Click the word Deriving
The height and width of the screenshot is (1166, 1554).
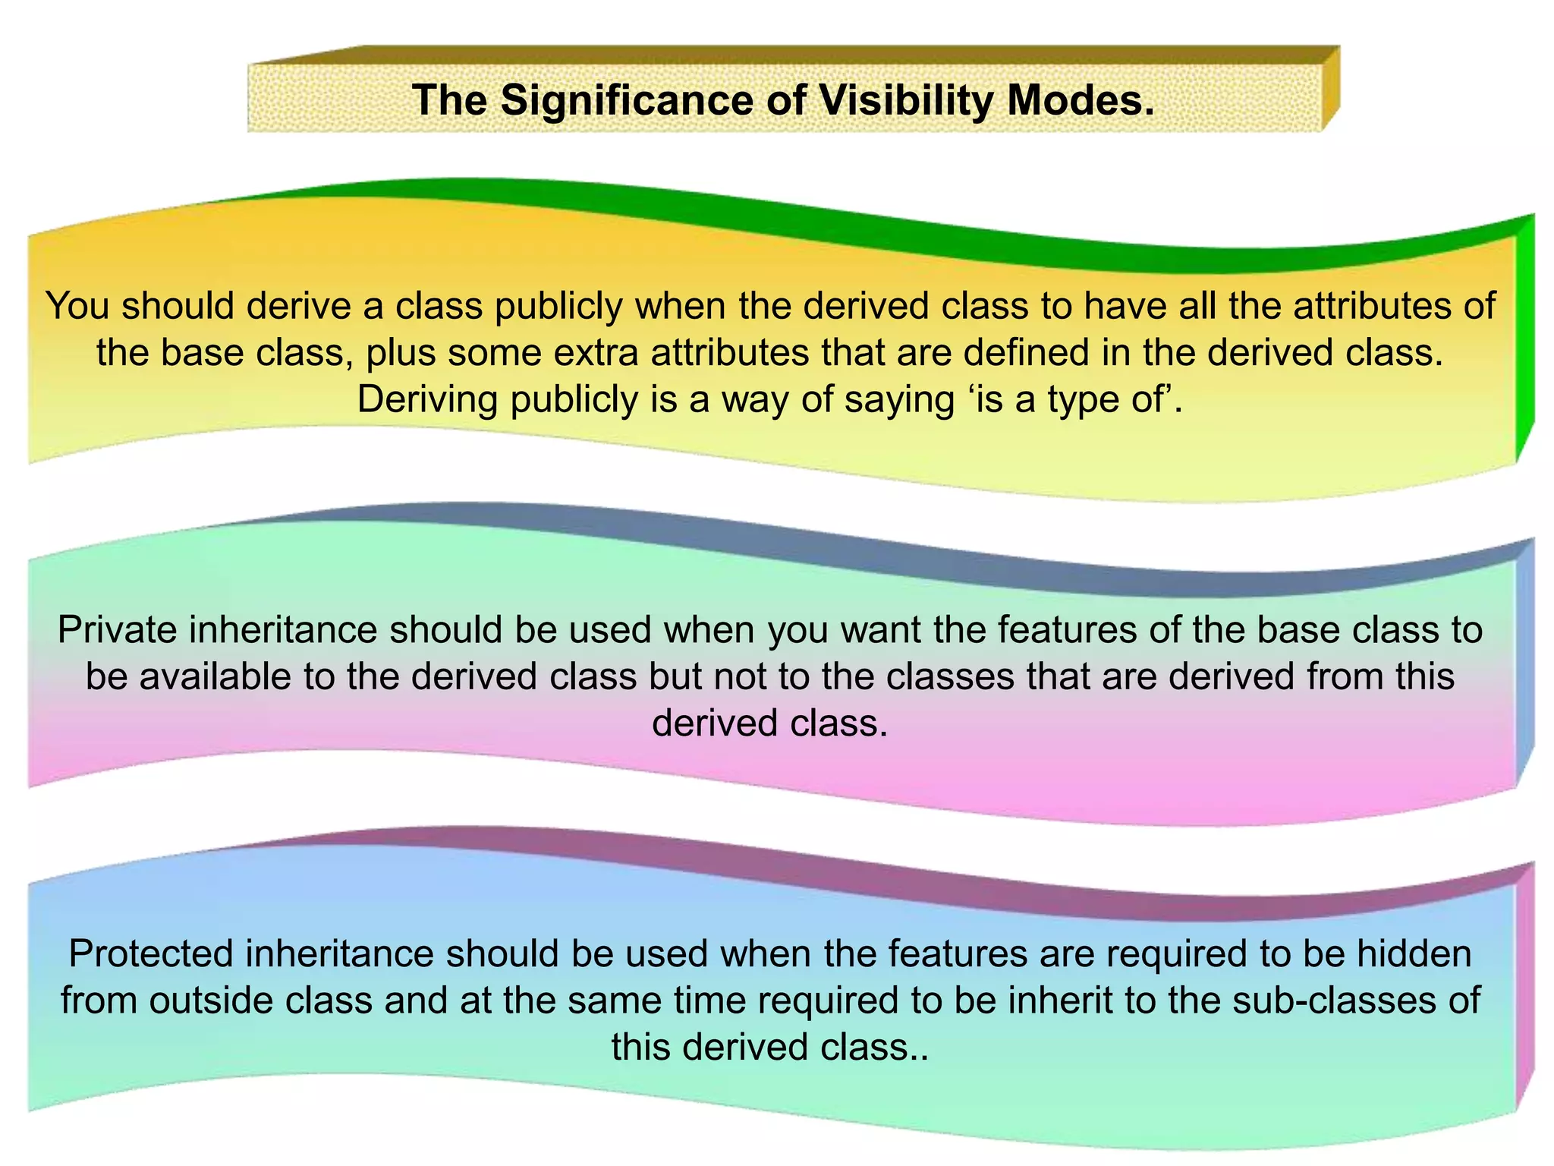pos(427,399)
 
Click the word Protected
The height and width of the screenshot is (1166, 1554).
pos(151,954)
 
